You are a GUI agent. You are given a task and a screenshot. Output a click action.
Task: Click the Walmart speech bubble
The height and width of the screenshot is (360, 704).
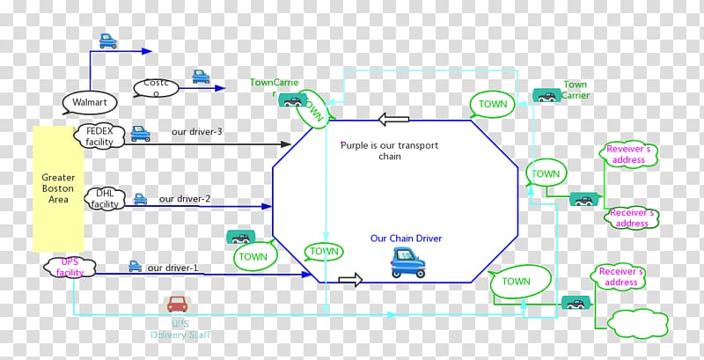89,103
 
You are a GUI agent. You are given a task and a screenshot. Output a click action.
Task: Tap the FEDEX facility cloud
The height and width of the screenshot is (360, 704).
100,135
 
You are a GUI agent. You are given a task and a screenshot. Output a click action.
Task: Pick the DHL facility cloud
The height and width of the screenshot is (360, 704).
106,200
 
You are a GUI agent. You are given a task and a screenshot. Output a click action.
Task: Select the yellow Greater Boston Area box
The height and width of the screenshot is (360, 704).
58,188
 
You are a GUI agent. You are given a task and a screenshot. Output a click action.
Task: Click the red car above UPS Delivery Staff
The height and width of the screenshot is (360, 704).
178,305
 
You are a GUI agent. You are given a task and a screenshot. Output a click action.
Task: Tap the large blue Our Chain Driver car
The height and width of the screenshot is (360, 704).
407,261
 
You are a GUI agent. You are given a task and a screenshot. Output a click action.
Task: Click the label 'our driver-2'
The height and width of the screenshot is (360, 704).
184,199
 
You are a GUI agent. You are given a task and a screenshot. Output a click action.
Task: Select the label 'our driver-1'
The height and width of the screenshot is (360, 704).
172,268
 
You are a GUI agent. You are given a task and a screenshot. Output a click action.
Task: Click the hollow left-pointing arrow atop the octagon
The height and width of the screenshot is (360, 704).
389,119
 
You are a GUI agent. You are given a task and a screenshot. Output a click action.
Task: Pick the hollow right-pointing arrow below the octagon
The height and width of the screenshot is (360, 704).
350,280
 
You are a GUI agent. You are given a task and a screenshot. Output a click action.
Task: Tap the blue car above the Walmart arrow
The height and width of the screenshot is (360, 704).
108,40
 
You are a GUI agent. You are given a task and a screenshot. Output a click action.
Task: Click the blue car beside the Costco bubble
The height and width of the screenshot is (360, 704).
202,77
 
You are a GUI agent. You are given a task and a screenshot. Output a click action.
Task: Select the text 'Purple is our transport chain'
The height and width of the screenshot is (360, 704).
389,151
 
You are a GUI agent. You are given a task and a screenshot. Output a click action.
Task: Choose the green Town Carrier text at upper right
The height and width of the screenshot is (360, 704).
576,90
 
